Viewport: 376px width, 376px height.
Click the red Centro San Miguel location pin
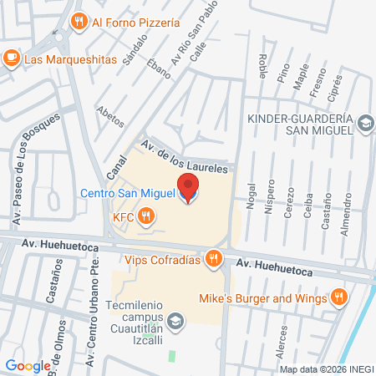(188, 188)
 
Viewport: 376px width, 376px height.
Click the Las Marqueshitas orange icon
(12, 58)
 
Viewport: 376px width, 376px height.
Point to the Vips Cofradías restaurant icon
(214, 259)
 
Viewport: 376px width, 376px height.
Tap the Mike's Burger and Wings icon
(338, 297)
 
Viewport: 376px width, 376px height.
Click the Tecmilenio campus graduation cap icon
(175, 320)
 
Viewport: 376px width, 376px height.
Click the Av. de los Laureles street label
(183, 158)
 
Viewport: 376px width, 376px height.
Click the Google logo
(28, 365)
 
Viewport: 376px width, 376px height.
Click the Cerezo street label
(289, 201)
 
